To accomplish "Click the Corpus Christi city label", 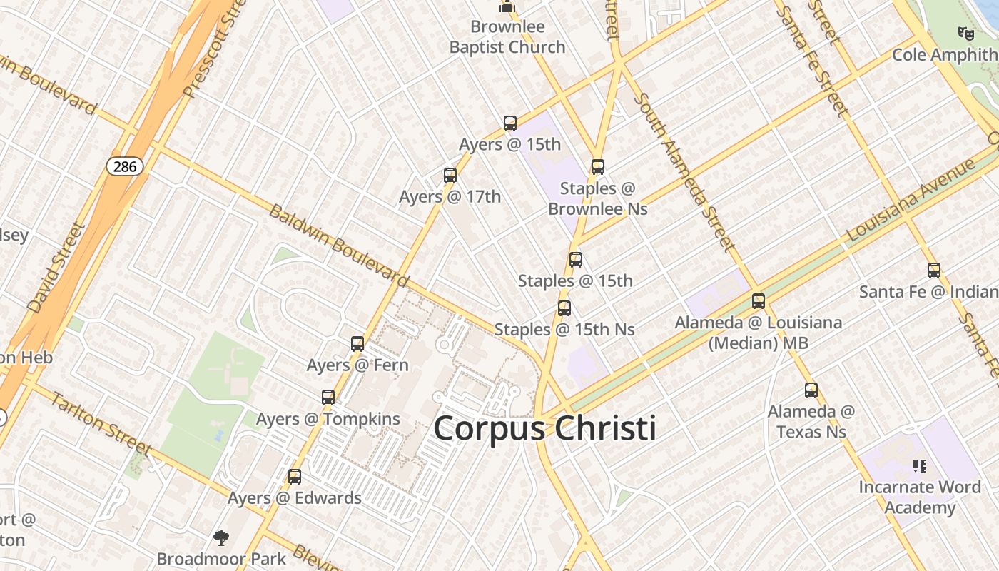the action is (544, 428).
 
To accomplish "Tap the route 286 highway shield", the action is (126, 167).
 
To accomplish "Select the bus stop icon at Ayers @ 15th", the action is (510, 123).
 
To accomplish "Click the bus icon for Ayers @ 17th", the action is (450, 175).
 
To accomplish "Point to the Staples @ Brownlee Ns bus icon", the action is (598, 167).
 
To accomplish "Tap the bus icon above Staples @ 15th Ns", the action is (564, 308).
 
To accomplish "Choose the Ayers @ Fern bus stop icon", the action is (357, 344).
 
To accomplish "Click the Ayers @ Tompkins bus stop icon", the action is (328, 398).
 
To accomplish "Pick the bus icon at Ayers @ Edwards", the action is (295, 477).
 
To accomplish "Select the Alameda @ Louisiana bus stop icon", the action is (759, 301).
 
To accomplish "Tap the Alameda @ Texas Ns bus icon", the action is (811, 390).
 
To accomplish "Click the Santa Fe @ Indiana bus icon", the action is (934, 271).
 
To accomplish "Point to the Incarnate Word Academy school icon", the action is (920, 466).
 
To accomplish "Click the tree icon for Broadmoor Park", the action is (221, 537).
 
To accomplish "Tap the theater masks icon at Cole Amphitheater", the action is (966, 33).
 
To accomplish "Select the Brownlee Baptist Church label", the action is (507, 37).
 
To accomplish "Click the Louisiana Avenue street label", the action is (910, 202).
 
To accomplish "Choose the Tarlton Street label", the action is (101, 424).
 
